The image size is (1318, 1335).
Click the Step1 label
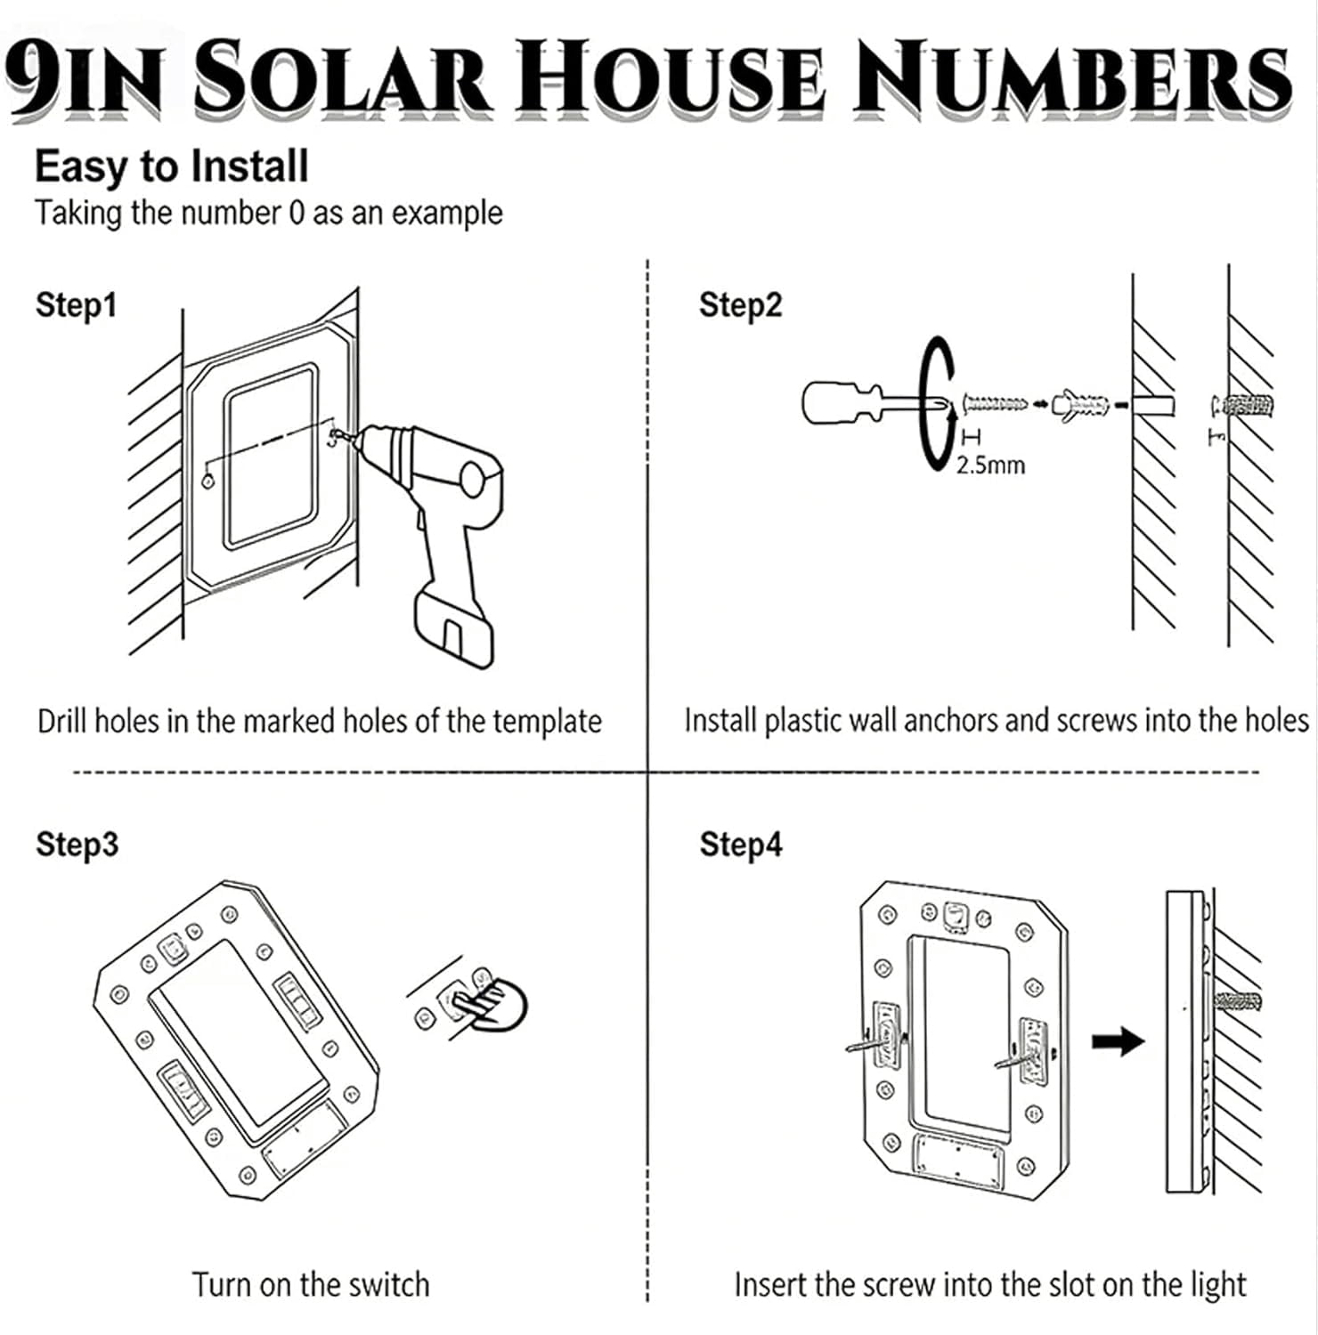(76, 305)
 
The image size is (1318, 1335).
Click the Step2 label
(740, 305)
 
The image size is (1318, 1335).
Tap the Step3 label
(77, 844)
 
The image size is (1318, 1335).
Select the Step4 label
(740, 844)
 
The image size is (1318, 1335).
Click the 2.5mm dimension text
(990, 465)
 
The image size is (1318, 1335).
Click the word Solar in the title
(343, 78)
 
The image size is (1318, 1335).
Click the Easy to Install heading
(171, 167)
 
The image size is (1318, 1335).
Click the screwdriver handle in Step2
(833, 402)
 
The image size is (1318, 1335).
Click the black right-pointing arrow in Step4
(1118, 1040)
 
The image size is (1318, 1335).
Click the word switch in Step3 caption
(389, 1285)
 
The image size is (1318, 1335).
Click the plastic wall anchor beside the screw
(1081, 406)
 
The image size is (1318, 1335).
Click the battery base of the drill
(454, 627)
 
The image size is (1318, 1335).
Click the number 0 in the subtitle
(297, 214)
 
